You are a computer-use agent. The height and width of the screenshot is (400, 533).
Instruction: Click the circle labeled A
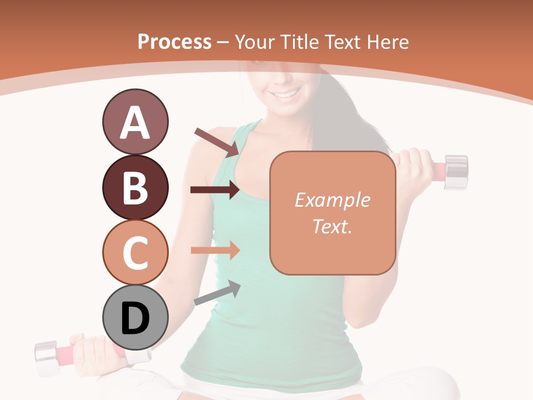135,122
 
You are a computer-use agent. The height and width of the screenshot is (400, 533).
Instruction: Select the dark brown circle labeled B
135,187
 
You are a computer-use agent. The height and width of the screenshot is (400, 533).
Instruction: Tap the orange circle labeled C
135,252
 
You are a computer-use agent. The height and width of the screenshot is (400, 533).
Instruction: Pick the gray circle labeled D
135,318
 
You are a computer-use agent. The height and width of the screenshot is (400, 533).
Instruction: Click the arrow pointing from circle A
217,141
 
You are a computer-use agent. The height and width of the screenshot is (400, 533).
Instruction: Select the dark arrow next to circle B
215,190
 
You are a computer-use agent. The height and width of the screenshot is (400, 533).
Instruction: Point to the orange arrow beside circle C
215,250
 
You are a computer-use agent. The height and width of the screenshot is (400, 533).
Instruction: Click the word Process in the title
174,42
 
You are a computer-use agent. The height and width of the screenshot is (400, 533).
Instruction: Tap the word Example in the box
332,200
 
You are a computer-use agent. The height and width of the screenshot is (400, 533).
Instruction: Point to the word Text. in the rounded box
332,226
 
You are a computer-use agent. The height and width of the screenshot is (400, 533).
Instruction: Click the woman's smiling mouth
286,94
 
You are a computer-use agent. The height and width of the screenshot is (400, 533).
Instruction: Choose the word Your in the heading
256,42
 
